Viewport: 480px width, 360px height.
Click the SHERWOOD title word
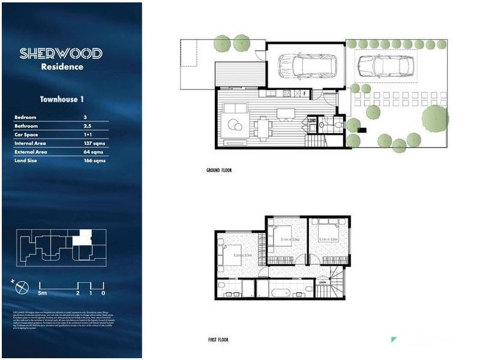[x=61, y=53]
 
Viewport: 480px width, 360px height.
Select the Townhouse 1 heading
[x=61, y=99]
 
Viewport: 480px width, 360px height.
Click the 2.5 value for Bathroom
[x=88, y=126]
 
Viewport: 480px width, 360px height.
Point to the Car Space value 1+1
[x=89, y=135]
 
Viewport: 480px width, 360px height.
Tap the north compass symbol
[x=22, y=287]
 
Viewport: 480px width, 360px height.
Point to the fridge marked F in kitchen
[x=304, y=94]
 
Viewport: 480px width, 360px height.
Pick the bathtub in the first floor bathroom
[x=280, y=293]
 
